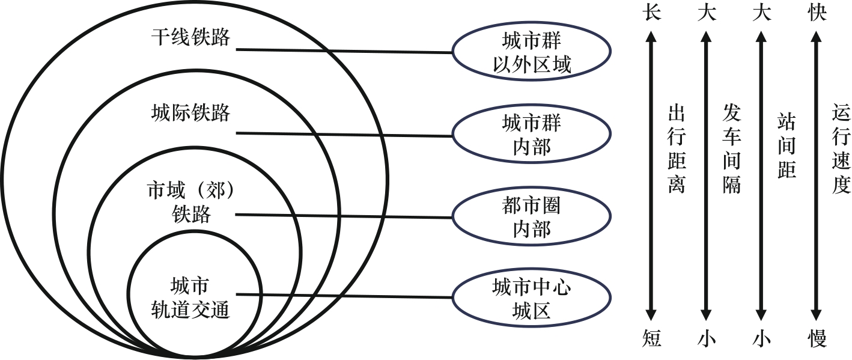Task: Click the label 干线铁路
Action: coord(190,37)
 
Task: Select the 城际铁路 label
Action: coord(190,113)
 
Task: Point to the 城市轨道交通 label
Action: coord(190,296)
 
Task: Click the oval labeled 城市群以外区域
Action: coord(532,52)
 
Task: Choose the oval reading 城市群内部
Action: coord(532,135)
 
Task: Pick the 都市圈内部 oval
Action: coord(532,217)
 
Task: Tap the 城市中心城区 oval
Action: coord(532,298)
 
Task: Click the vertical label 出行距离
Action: coord(677,150)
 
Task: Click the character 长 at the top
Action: coord(651,13)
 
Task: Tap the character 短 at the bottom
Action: coord(651,340)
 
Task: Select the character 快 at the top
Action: coord(817,13)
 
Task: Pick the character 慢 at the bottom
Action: coord(817,340)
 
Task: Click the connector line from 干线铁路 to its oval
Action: coord(342,51)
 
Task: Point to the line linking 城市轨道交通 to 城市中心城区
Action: coord(342,296)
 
